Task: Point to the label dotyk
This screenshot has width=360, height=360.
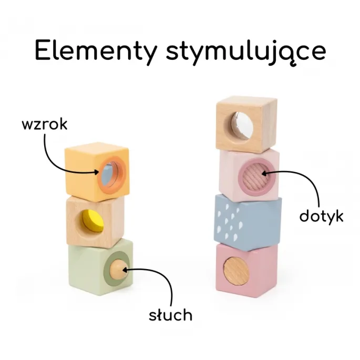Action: point(321,215)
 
